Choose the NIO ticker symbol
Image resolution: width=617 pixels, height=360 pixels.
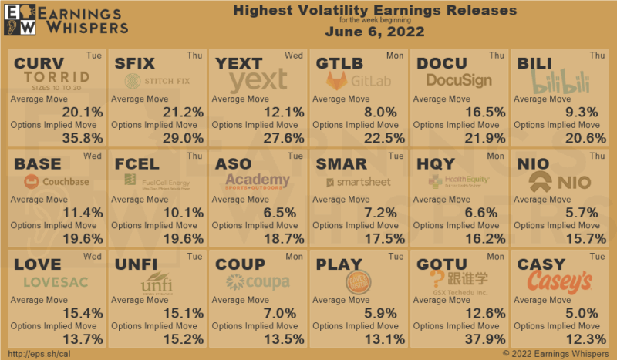pos(534,163)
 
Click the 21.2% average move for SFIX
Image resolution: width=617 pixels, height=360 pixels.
pos(183,112)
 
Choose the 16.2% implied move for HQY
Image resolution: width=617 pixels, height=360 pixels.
pos(484,238)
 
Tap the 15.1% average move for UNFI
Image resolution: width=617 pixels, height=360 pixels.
pos(183,313)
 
